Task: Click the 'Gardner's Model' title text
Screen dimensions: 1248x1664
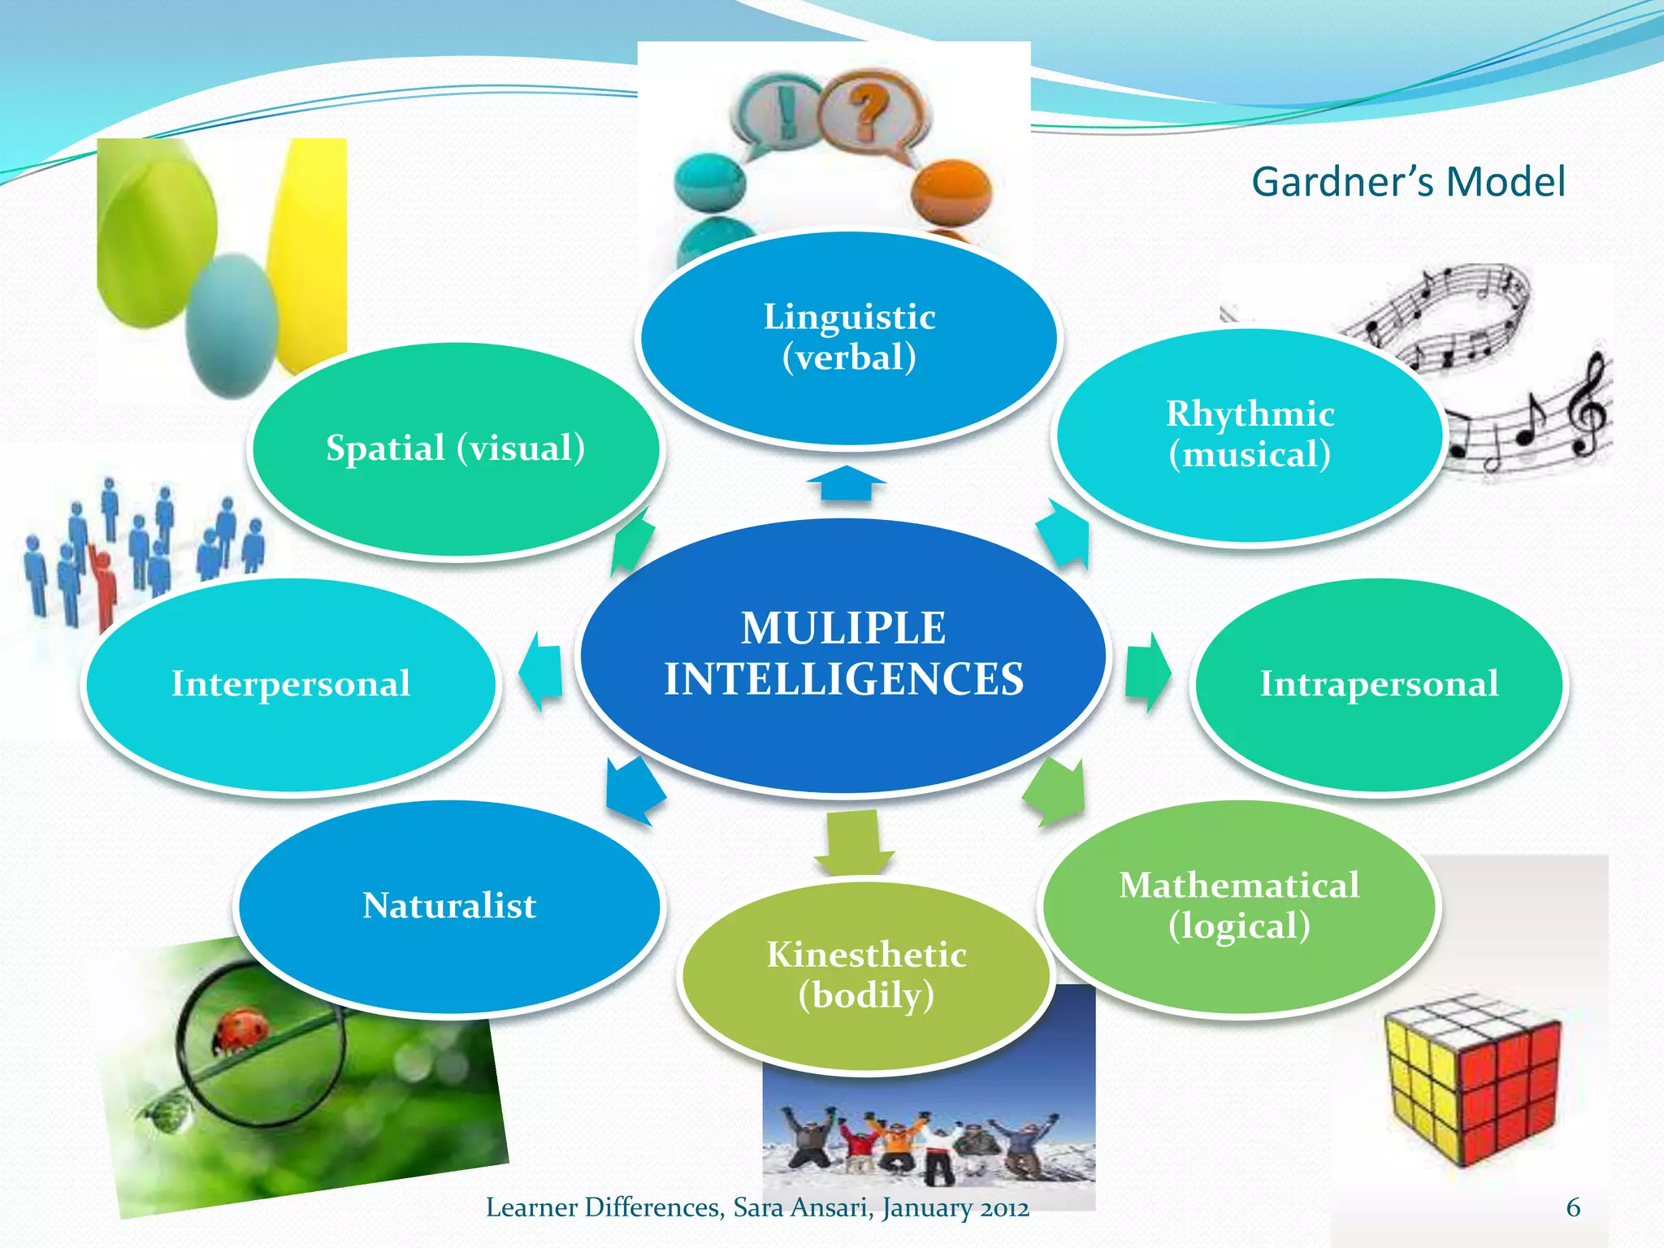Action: click(1407, 182)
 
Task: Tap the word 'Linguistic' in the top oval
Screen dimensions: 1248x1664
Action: click(849, 317)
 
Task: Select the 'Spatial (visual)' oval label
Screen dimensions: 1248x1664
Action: click(455, 448)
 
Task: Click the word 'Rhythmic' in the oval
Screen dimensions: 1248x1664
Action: click(1250, 414)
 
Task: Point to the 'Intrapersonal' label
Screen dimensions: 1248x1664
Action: click(1379, 683)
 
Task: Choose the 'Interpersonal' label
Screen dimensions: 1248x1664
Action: click(291, 683)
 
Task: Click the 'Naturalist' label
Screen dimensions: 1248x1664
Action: click(449, 905)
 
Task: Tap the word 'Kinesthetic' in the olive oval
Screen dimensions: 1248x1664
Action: click(866, 955)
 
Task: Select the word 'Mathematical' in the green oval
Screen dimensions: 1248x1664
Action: click(1239, 886)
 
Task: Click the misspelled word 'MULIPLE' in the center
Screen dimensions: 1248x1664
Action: click(843, 628)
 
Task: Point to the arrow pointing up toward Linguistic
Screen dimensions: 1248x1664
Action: click(846, 483)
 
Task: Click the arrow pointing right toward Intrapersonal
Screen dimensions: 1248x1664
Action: click(1147, 673)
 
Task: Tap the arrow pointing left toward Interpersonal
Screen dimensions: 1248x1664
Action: click(540, 671)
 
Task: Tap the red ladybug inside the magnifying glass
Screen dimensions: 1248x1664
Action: click(241, 1030)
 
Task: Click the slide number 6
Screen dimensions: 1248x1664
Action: click(1573, 1207)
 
